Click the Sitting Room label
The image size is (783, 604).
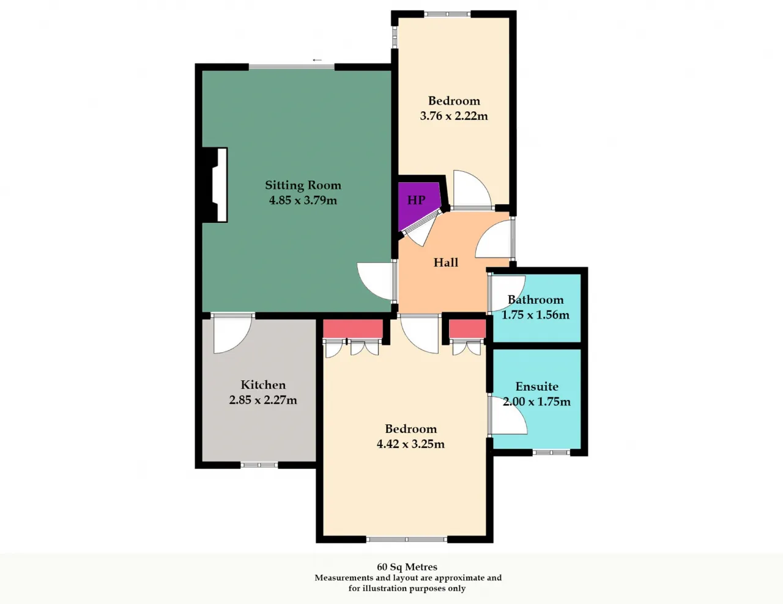click(303, 185)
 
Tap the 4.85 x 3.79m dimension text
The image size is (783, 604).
click(303, 200)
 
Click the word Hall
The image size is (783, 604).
click(446, 262)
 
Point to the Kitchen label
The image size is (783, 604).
click(263, 385)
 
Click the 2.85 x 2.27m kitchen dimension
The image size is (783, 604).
click(263, 400)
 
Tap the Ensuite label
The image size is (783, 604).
click(537, 386)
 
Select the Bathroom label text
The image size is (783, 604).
click(535, 300)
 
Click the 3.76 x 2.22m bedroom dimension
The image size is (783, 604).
click(454, 116)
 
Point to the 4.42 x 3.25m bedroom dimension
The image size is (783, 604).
click(411, 444)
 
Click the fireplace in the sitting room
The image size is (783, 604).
click(215, 185)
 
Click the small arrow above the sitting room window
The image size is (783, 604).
click(317, 60)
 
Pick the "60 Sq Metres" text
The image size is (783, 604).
click(407, 567)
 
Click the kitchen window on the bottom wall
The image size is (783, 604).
click(259, 465)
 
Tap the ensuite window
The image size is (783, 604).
click(551, 452)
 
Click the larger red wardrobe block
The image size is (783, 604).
click(352, 328)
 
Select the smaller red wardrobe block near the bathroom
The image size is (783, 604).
click(467, 328)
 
